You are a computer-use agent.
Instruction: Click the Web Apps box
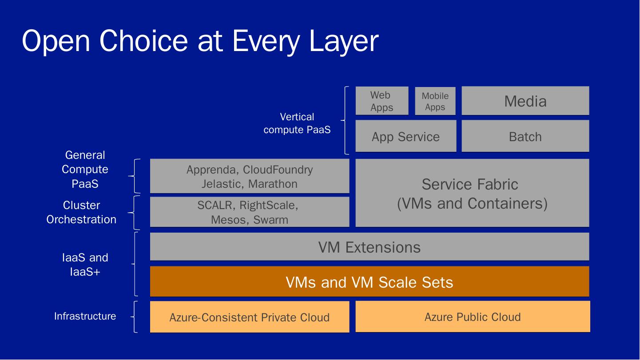click(x=382, y=101)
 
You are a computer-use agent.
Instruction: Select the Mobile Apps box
click(x=435, y=101)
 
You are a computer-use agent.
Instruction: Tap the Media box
click(x=525, y=101)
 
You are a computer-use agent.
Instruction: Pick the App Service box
click(x=405, y=136)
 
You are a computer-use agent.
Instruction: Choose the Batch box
click(x=525, y=136)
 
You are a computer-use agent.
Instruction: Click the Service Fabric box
click(x=472, y=193)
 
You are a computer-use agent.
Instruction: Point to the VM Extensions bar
click(x=369, y=247)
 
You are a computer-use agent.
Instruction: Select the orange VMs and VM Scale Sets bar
click(x=369, y=282)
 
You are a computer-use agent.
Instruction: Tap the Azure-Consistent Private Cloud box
click(x=249, y=317)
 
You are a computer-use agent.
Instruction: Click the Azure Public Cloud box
click(x=473, y=316)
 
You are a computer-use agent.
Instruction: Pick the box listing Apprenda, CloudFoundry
click(x=249, y=176)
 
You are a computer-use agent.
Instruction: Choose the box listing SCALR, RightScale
click(x=249, y=212)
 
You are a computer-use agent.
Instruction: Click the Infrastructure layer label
click(x=85, y=316)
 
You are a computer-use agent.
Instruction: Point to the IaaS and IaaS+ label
click(x=85, y=264)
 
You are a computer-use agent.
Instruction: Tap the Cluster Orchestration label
click(x=81, y=212)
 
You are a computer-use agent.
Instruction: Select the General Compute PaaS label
click(x=85, y=169)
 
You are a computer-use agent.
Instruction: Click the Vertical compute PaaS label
click(x=297, y=123)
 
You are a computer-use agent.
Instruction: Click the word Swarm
click(x=270, y=220)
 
